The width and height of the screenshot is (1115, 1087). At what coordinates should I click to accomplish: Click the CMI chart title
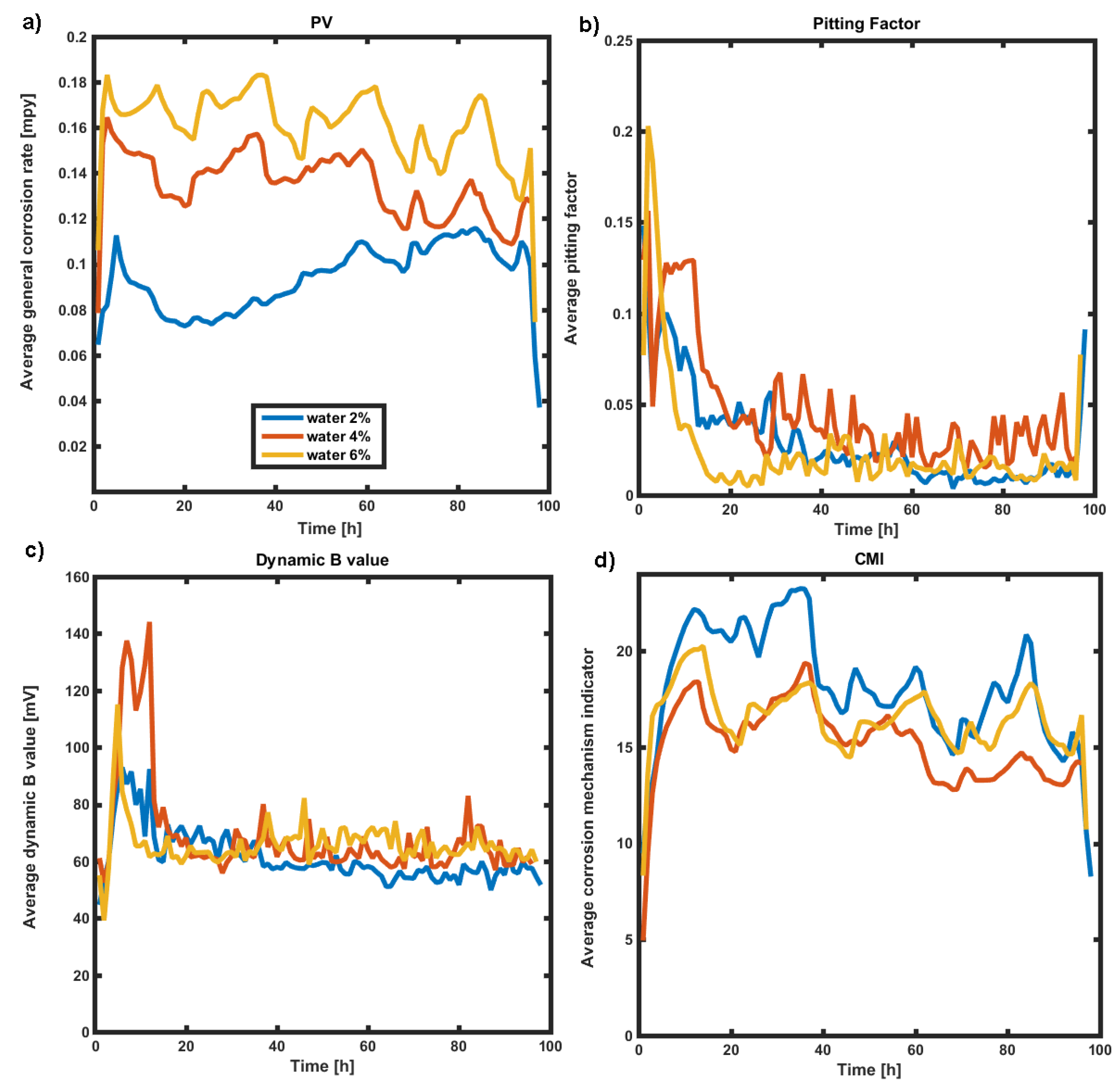pyautogui.click(x=868, y=559)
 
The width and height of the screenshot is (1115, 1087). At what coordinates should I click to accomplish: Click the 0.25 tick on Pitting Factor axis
pyautogui.click(x=618, y=41)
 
